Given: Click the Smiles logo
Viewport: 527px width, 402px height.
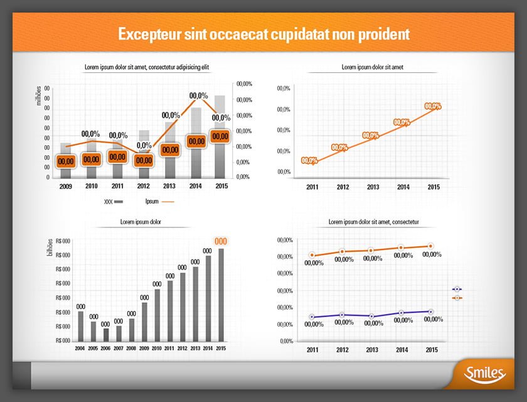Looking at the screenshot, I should [485, 374].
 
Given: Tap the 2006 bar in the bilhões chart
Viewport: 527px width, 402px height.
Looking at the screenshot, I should [106, 334].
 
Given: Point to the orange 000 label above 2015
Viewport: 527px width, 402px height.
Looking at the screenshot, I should [221, 241].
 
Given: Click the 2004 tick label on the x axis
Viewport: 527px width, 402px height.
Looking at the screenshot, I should [80, 348].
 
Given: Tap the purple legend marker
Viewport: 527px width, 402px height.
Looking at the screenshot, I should [457, 289].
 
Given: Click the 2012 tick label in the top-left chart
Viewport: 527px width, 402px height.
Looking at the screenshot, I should [144, 187].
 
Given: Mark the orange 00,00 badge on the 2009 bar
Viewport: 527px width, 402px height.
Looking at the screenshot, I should [66, 161].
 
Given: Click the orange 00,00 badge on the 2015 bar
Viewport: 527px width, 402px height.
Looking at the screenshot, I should [220, 136].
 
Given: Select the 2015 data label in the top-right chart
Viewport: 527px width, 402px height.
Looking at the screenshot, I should [433, 107].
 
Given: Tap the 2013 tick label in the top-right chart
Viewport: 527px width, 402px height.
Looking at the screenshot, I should [373, 187].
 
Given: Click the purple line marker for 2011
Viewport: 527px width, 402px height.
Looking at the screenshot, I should [312, 317].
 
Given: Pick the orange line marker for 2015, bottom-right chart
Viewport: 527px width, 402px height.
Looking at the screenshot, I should [431, 246].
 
